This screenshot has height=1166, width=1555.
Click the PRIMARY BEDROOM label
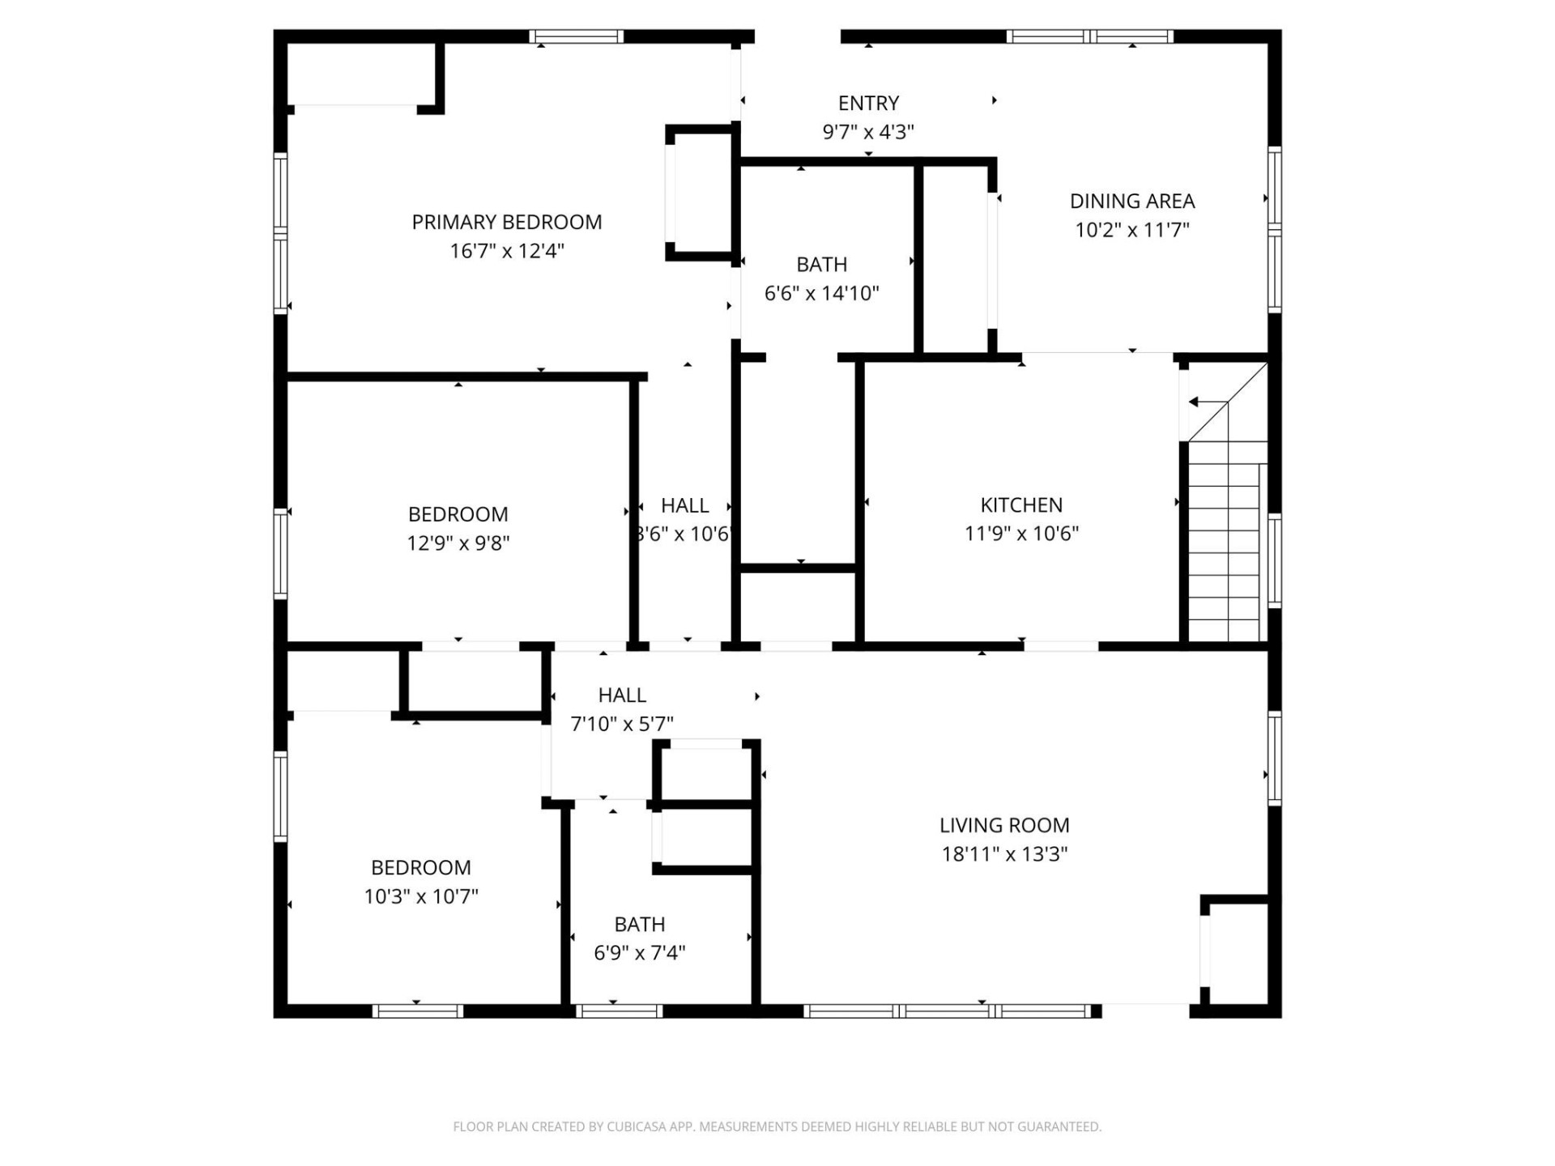pos(506,222)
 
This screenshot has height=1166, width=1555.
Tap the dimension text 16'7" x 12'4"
pos(506,251)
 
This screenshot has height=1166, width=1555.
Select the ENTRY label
pos(868,104)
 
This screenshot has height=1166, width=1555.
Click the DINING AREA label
pos(1131,201)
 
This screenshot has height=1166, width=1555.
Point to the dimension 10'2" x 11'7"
pos(1131,230)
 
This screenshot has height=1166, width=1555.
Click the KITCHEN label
pos(1021,505)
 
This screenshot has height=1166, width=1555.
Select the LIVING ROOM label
pos(1004,825)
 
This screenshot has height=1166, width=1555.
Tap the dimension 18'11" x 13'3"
pos(1004,854)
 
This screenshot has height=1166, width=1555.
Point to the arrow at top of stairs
pos(1207,402)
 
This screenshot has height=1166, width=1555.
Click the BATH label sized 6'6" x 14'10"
pos(821,265)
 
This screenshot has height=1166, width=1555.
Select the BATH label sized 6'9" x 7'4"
pos(639,924)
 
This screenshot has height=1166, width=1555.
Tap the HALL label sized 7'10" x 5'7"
pos(621,695)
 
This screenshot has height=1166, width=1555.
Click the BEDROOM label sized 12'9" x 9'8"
pos(458,514)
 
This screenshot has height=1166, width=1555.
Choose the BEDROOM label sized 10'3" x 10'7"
pos(420,867)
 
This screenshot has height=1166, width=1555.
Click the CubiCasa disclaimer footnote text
pos(777,1126)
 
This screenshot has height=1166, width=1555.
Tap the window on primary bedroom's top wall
pos(576,36)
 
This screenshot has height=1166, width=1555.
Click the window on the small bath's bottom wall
pos(619,1011)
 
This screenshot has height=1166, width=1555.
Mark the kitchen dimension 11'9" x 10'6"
pos(1021,534)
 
